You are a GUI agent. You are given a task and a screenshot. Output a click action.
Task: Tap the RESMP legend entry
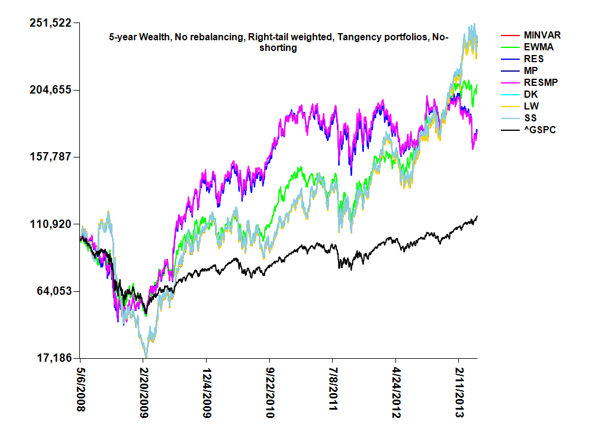click(x=539, y=82)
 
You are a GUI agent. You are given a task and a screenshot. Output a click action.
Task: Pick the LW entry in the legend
click(x=531, y=106)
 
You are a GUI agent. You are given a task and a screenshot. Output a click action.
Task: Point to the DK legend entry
click(x=531, y=94)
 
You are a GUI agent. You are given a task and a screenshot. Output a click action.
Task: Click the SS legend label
click(x=531, y=118)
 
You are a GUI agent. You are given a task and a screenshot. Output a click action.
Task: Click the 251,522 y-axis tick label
click(x=50, y=23)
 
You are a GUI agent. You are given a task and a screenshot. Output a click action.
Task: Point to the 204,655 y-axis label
click(x=50, y=90)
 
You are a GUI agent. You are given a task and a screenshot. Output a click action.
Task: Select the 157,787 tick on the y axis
click(x=50, y=157)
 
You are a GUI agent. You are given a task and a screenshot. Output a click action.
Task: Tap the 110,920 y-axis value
click(x=50, y=224)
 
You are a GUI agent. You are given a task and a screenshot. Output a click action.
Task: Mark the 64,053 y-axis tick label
click(x=53, y=291)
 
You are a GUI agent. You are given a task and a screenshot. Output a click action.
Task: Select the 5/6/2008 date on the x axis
click(x=81, y=391)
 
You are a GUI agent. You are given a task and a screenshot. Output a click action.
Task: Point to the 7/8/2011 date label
click(x=333, y=391)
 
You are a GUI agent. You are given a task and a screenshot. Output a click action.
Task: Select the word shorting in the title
click(x=278, y=48)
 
